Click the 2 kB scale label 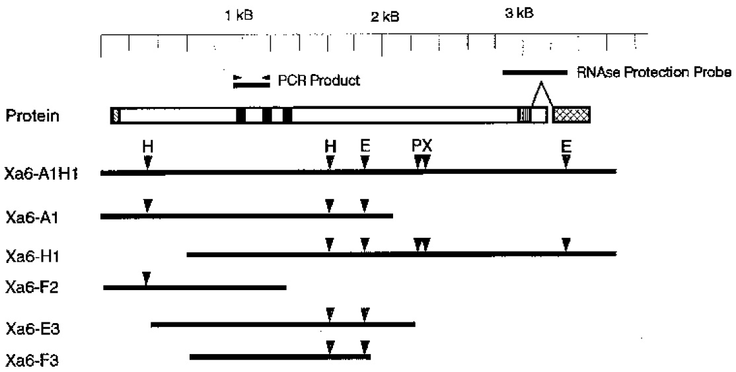click(385, 17)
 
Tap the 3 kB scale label click(519, 14)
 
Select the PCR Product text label click(319, 81)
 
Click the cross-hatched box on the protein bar click(571, 116)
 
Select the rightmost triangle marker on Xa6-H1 click(566, 244)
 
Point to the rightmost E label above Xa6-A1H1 click(566, 147)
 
